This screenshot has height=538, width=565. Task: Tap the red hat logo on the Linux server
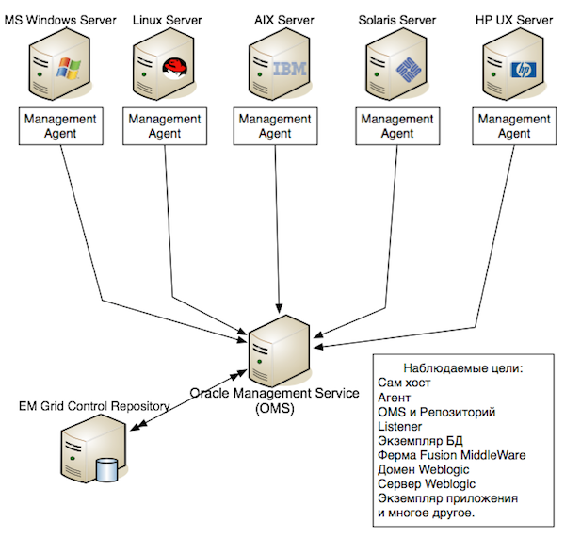tap(173, 67)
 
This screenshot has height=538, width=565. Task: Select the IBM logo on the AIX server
tap(283, 67)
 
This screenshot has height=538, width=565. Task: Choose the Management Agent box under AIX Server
tap(275, 126)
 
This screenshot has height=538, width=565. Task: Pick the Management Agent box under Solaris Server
tap(397, 126)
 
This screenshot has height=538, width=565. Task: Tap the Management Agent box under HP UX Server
tap(513, 126)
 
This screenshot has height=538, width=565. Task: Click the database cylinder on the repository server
tap(107, 468)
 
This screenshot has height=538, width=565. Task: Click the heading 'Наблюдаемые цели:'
tap(461, 369)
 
